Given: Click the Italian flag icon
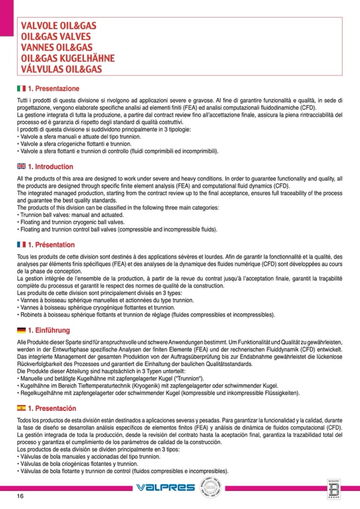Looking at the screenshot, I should pyautogui.click(x=21, y=88).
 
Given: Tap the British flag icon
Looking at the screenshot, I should pyautogui.click(x=21, y=167).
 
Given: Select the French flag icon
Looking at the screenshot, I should pyautogui.click(x=21, y=245).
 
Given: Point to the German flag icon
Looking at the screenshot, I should pyautogui.click(x=21, y=330).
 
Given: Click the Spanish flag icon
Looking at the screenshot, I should pyautogui.click(x=21, y=409).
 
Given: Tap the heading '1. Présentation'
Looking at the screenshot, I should pyautogui.click(x=51, y=245).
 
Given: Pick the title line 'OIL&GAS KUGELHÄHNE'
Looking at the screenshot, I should pyautogui.click(x=67, y=58).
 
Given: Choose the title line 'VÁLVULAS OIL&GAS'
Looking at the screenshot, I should pyautogui.click(x=61, y=69).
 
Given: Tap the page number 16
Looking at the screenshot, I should pyautogui.click(x=20, y=496).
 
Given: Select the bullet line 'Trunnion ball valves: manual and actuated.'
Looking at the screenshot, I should pyautogui.click(x=72, y=215).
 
